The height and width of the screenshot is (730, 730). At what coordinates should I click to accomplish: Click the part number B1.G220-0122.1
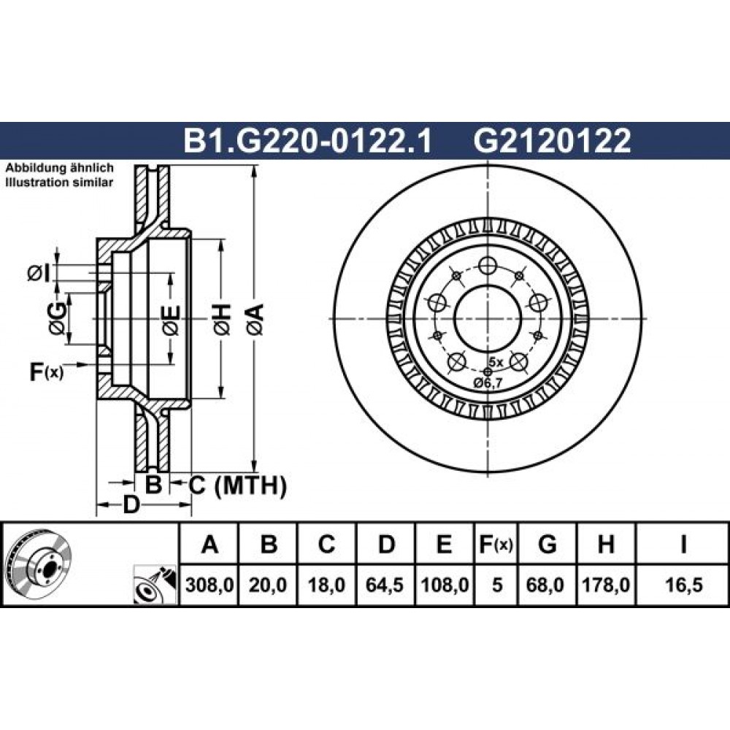point(308,141)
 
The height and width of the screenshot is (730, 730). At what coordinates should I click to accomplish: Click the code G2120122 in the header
point(552,141)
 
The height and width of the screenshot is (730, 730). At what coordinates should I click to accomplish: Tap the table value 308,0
point(209,585)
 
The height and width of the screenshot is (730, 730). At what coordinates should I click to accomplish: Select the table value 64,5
point(385,585)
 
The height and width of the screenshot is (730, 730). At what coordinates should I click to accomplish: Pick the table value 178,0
point(606,585)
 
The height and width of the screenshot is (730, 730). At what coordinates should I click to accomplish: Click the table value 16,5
point(683,585)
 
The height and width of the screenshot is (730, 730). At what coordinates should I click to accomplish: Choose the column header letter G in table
point(547,543)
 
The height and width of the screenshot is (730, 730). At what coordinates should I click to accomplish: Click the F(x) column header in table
point(496,544)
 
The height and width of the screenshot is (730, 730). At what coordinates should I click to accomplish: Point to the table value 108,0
point(444,585)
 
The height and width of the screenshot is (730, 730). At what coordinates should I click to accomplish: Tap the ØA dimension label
point(255,319)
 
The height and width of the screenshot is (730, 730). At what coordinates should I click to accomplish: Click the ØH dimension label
point(222,319)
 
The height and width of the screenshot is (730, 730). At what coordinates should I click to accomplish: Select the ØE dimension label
point(171,320)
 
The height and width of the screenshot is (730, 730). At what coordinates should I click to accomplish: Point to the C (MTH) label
point(237,485)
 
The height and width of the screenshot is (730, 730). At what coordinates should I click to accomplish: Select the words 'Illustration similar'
point(59,182)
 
